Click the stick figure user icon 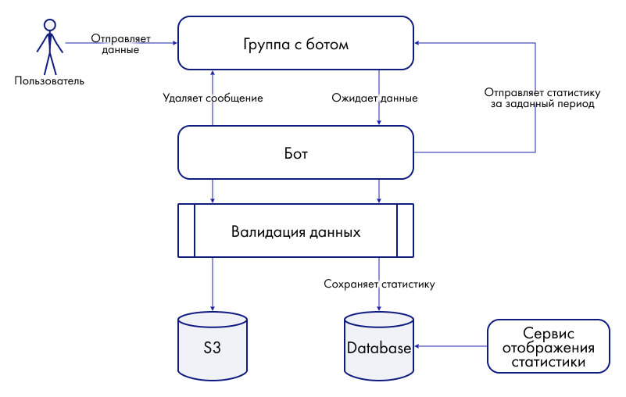tap(49, 47)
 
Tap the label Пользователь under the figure tap(49, 80)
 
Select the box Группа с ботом tap(295, 45)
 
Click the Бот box tap(295, 153)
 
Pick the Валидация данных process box tap(295, 232)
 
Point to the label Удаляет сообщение tap(213, 98)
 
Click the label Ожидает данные tap(374, 98)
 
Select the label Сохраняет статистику tap(379, 284)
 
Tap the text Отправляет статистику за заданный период tap(542, 98)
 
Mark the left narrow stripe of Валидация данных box tap(186, 231)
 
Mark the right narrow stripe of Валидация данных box tap(405, 231)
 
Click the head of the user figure tap(49, 24)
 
